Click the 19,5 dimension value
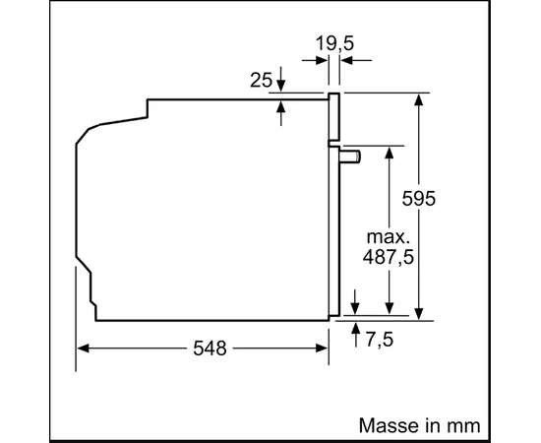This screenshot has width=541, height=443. [334, 43]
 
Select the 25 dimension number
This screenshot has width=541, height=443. [262, 80]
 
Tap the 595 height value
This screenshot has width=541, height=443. [419, 199]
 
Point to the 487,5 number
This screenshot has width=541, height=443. [389, 257]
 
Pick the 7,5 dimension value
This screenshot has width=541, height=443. [379, 340]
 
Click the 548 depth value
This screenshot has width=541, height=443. [210, 348]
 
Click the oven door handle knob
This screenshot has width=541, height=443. [350, 157]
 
